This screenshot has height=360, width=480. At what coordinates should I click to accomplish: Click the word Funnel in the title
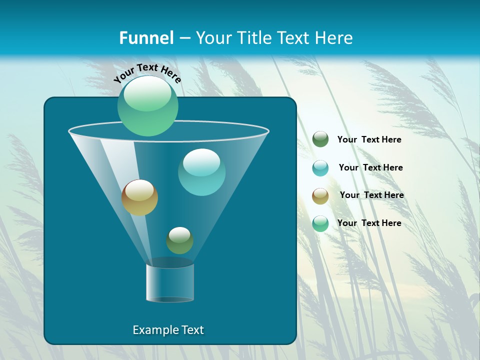point(146,38)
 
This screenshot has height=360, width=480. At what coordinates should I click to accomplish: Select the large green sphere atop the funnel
point(148,106)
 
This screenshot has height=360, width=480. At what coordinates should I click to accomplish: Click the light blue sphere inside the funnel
point(201,172)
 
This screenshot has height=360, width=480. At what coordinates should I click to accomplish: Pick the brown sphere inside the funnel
point(139,197)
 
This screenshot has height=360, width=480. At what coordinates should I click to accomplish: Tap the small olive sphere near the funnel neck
point(179,240)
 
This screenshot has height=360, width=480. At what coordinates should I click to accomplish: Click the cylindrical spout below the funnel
point(170,282)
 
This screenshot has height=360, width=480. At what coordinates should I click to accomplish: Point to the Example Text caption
point(168,330)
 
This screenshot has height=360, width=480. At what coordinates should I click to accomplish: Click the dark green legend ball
point(320,139)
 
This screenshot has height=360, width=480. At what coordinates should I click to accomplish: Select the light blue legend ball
point(320,168)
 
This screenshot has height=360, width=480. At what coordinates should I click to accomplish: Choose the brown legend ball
point(320,196)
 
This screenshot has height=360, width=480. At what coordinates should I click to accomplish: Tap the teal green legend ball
point(320,223)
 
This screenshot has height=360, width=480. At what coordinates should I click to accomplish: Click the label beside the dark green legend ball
point(369,139)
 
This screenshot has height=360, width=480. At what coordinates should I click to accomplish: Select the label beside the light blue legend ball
point(370,167)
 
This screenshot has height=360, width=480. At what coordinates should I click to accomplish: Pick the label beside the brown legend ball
point(371,195)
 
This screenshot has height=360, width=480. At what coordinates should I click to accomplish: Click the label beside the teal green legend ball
point(369,223)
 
